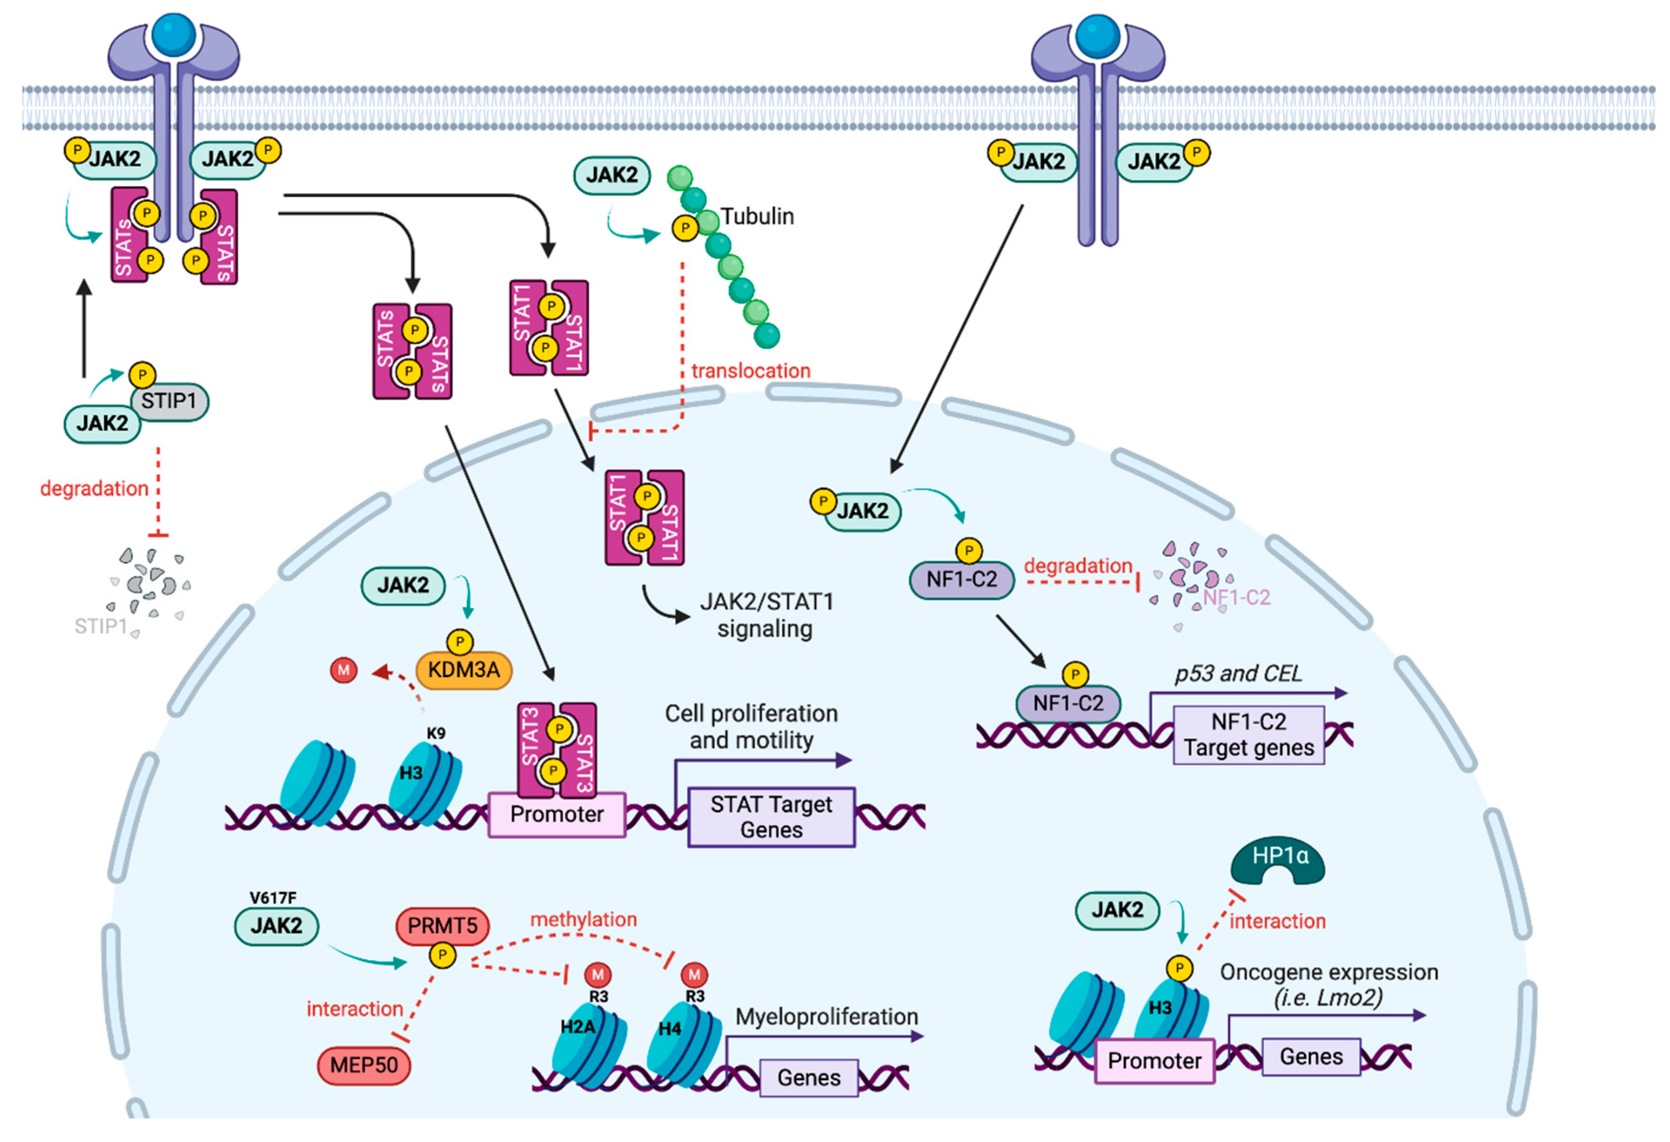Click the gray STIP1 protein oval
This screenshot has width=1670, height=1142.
point(169,401)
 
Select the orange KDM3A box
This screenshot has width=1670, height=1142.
point(463,670)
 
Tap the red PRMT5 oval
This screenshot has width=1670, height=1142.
point(442,926)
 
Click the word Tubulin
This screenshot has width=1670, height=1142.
point(757,216)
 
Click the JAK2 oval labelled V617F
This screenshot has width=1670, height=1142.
point(277,926)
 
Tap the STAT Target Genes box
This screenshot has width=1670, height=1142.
point(771,817)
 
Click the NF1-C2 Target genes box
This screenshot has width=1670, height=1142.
point(1248,735)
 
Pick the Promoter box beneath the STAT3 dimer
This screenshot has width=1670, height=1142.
point(557,814)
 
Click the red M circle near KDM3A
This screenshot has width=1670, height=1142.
point(343,670)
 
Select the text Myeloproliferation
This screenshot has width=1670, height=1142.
point(826,1017)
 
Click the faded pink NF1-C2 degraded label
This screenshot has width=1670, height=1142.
point(1236,597)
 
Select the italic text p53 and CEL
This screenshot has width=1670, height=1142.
point(1238,673)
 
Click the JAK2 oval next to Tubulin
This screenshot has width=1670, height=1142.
point(612,174)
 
